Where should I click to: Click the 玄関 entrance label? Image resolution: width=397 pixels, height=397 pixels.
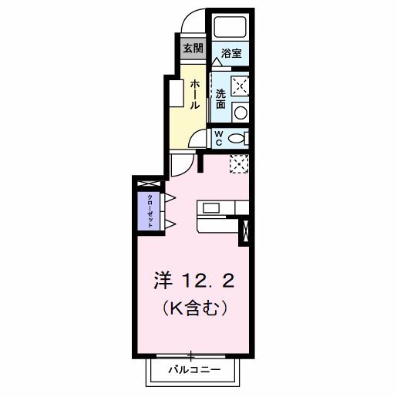(192, 47)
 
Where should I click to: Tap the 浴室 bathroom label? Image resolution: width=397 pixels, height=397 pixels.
(230, 53)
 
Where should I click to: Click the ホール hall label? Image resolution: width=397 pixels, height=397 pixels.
(195, 92)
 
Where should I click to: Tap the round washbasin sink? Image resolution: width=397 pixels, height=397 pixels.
(240, 113)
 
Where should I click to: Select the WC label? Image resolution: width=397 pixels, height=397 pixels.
(219, 138)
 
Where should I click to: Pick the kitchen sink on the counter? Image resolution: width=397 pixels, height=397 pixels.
(212, 207)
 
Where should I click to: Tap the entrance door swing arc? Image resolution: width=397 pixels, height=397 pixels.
(194, 21)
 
